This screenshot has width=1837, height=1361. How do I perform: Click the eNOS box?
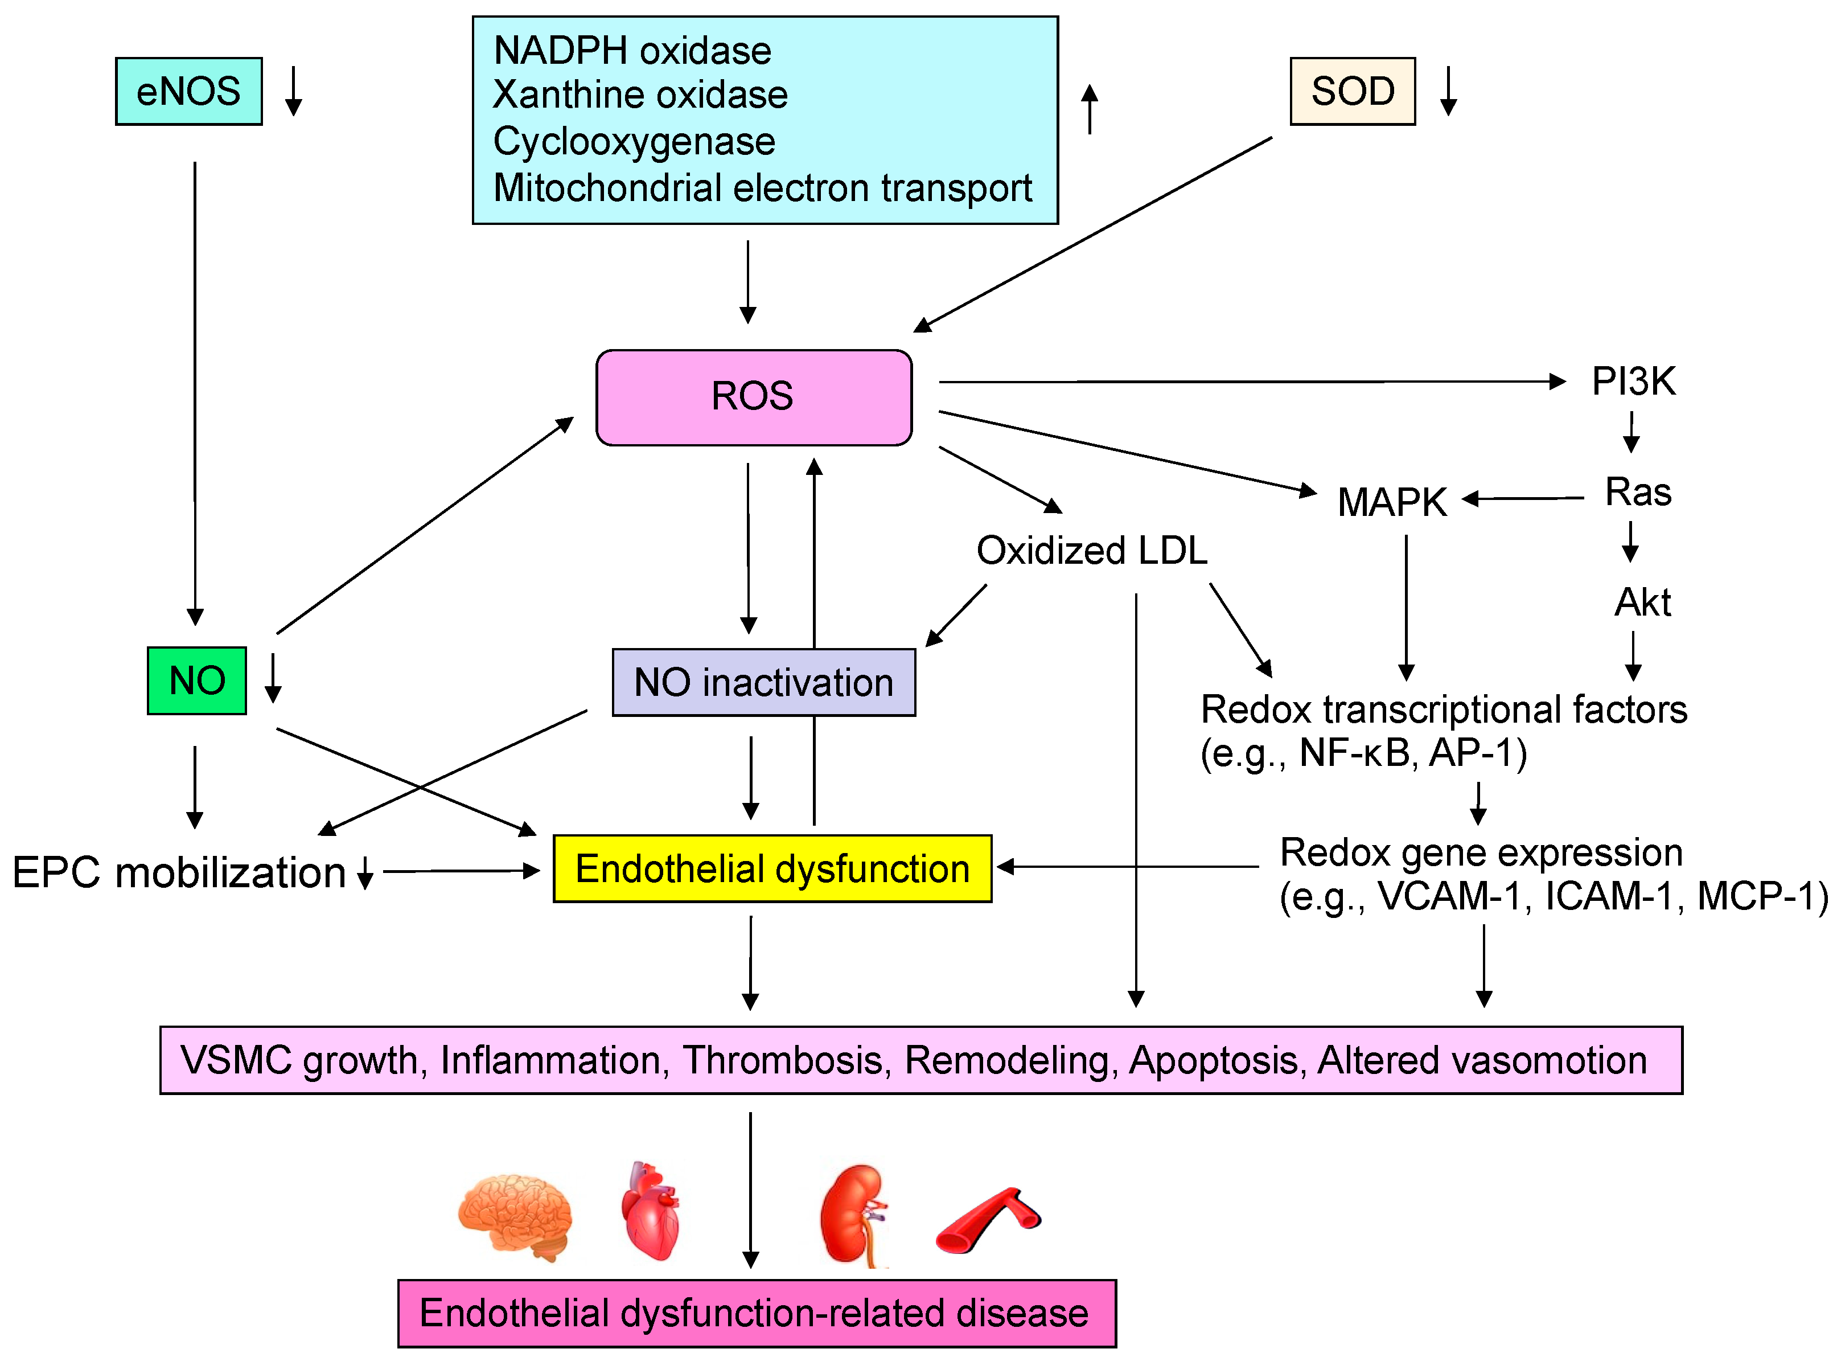188,92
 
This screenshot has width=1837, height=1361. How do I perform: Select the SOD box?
1351,92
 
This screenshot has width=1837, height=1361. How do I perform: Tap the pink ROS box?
753,397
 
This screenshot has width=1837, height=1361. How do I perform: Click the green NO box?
197,680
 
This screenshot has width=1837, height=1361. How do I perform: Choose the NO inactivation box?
763,682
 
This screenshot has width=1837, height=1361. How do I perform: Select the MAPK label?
1391,502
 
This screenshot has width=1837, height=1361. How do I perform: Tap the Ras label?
1637,493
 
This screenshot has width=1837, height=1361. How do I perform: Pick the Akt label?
1642,602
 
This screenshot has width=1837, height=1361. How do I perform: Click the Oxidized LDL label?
1091,550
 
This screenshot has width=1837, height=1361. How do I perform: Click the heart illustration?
651,1211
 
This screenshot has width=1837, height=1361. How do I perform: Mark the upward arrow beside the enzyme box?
1090,109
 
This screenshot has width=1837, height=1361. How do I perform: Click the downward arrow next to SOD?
1448,91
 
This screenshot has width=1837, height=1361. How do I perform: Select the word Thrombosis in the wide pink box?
786,1060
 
